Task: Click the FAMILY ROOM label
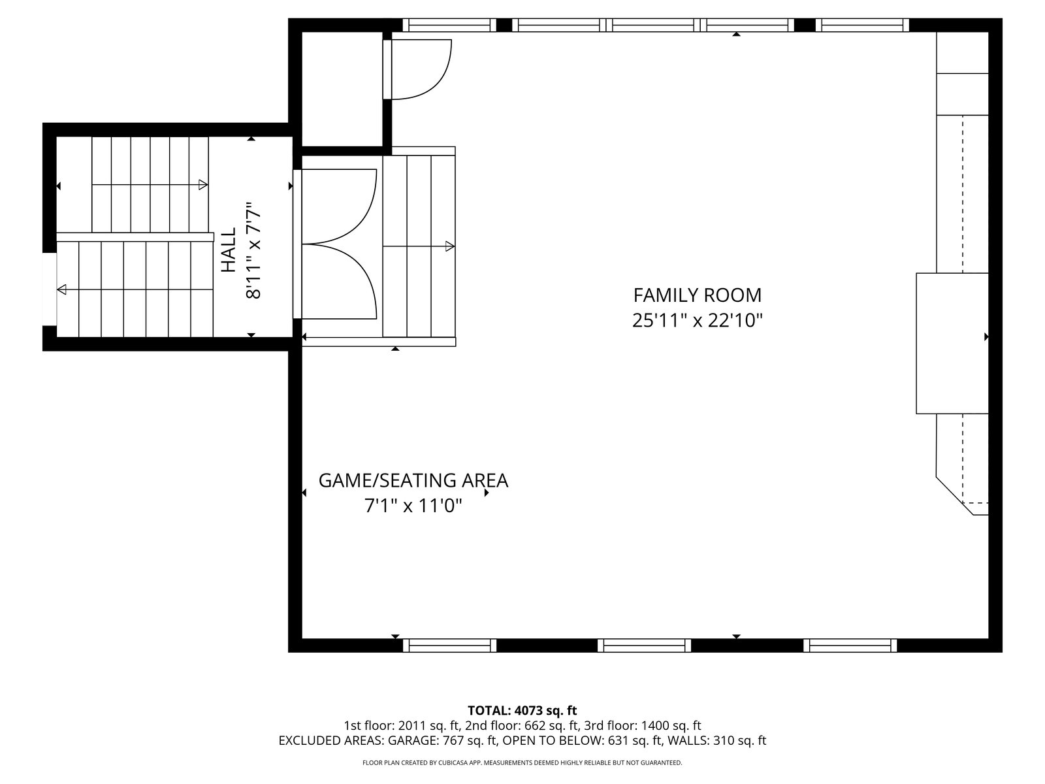pyautogui.click(x=697, y=295)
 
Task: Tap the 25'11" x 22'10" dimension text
pyautogui.click(x=697, y=320)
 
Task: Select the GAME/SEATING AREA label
pyautogui.click(x=413, y=481)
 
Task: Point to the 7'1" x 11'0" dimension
pyautogui.click(x=413, y=506)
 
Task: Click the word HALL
pyautogui.click(x=229, y=250)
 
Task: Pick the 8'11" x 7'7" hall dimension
pyautogui.click(x=254, y=250)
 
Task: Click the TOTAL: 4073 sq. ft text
pyautogui.click(x=522, y=710)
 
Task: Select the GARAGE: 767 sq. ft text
pyautogui.click(x=443, y=741)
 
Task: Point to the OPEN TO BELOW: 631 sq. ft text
pyautogui.click(x=582, y=741)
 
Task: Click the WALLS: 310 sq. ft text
pyautogui.click(x=716, y=741)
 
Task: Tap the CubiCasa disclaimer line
pyautogui.click(x=522, y=762)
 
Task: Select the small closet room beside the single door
pyautogui.click(x=342, y=89)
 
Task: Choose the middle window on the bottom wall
pyautogui.click(x=644, y=645)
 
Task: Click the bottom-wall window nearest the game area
pyautogui.click(x=449, y=645)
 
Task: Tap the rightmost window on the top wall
pyautogui.click(x=862, y=25)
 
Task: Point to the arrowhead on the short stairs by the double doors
pyautogui.click(x=450, y=246)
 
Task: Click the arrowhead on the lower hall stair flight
pyautogui.click(x=62, y=289)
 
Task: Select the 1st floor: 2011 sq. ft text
pyautogui.click(x=402, y=725)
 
